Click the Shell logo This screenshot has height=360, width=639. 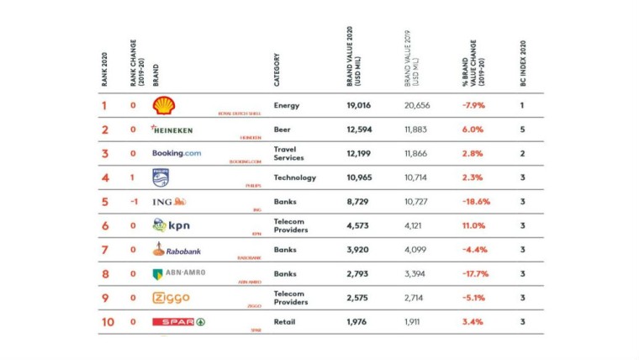(x=164, y=105)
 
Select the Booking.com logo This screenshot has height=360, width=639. (x=177, y=153)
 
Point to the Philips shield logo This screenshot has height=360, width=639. (x=161, y=177)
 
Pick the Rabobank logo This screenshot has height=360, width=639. (x=177, y=249)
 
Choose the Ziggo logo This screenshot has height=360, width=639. (x=171, y=298)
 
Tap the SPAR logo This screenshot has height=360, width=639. (x=178, y=321)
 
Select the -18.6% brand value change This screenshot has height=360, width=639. (x=476, y=202)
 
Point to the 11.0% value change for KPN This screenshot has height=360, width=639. (x=473, y=225)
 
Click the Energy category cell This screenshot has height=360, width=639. (x=286, y=106)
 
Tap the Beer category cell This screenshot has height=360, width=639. (x=283, y=130)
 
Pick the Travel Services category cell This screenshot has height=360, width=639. (x=288, y=153)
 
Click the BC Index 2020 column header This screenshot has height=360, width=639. (x=522, y=63)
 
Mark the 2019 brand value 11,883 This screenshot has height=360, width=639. (x=415, y=130)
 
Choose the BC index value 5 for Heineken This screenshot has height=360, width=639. (x=522, y=130)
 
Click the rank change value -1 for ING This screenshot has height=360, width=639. (x=133, y=202)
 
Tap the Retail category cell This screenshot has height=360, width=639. (x=285, y=322)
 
